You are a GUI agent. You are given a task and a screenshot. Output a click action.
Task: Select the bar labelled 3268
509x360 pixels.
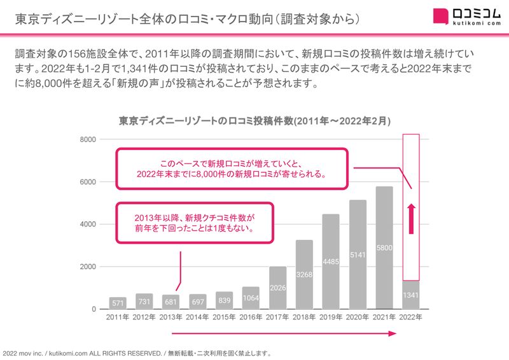pos(304,274)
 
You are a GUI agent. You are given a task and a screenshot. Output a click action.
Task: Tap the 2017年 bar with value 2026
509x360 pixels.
pos(277,287)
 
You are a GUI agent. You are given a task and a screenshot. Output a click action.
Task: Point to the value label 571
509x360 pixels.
pos(117,303)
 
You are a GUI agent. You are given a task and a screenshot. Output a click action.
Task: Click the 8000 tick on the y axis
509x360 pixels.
pos(88,140)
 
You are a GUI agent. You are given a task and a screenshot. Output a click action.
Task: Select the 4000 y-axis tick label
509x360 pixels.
pos(88,225)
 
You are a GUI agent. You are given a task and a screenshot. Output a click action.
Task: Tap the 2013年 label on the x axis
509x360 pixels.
pos(171,317)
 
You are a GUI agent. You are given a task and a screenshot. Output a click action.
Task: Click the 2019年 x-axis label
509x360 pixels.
pos(331,317)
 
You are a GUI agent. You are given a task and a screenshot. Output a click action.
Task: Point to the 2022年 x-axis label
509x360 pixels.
pos(411,317)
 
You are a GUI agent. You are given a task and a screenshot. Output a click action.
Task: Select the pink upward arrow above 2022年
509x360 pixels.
pos(411,216)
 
